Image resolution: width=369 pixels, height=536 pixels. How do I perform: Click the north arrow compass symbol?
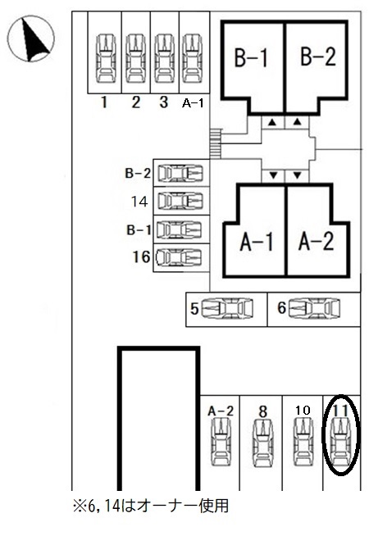(x=31, y=39)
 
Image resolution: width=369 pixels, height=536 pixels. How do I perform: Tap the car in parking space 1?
(x=107, y=58)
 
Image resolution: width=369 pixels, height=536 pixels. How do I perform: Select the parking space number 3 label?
(x=164, y=102)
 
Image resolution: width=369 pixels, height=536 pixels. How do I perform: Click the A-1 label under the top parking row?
(x=193, y=103)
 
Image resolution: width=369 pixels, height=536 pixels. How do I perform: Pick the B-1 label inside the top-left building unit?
(x=251, y=57)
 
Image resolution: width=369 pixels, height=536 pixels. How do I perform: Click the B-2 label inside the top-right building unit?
(x=318, y=57)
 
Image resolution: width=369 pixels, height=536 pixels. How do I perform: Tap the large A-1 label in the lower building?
(x=257, y=242)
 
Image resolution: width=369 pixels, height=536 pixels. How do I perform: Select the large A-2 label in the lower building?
(x=316, y=241)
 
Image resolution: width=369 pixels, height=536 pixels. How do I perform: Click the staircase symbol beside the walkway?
(x=216, y=143)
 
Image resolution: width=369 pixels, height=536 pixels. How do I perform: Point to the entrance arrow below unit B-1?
(x=272, y=122)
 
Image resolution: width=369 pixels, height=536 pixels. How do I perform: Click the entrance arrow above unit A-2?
(x=297, y=175)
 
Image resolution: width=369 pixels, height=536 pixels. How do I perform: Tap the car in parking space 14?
(x=180, y=201)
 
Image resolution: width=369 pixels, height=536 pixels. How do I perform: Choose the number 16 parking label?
(x=141, y=257)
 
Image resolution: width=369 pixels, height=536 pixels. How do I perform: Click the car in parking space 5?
(x=227, y=309)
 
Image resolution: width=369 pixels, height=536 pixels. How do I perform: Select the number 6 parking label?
(x=281, y=308)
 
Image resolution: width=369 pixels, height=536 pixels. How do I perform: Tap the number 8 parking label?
(x=262, y=412)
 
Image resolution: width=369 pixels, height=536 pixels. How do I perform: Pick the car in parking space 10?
(x=303, y=443)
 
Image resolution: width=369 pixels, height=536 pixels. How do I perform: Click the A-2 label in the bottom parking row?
(x=221, y=411)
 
